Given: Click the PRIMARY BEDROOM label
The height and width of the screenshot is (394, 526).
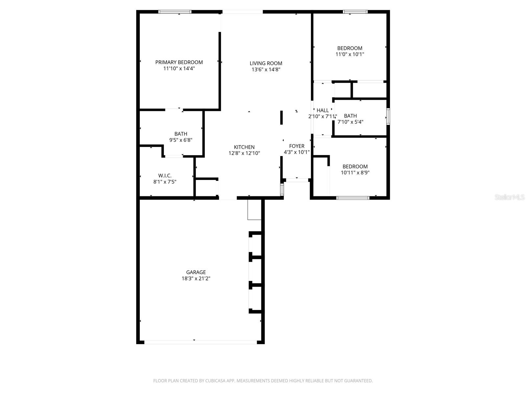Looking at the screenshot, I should point(179,62).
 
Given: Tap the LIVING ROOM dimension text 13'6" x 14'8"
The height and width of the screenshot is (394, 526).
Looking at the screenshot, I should point(266,70).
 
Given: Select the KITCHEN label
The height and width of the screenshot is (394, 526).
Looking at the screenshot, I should point(244,147).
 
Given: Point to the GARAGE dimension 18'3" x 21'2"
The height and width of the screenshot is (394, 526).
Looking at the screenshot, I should point(196,278).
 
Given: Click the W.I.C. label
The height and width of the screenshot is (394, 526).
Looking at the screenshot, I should point(165,176).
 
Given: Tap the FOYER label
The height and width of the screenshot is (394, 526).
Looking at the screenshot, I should point(297,146).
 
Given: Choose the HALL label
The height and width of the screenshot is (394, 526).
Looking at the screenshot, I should point(323,110).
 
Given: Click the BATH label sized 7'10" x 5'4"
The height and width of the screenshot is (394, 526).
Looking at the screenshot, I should point(350,116).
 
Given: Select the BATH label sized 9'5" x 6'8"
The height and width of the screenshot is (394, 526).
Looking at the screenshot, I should point(180,134).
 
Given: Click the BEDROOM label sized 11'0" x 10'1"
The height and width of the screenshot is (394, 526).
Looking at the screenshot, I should point(349,48).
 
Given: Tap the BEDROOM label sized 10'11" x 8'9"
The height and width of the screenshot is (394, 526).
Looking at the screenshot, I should point(355,166).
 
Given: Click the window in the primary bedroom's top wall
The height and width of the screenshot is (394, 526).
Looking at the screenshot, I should point(175,12).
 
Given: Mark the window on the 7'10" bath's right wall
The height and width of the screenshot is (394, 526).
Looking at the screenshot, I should point(388,117).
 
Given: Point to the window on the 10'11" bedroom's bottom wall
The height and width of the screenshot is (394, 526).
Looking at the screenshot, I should point(353,198).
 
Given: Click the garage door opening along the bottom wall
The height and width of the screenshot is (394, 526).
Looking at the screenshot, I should point(201,342).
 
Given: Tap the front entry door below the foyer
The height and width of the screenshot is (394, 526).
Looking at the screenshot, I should point(297,180).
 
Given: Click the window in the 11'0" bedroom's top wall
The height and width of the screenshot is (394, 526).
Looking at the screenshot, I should point(355,12).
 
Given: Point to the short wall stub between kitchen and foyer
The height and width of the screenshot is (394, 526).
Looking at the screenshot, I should point(281,118).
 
